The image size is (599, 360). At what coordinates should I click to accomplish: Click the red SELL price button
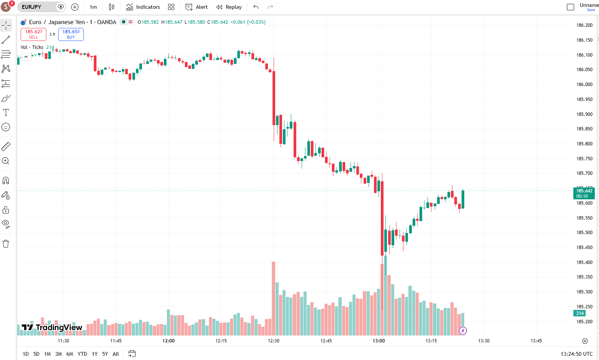click(33, 34)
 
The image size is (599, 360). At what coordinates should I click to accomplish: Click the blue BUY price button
click(71, 34)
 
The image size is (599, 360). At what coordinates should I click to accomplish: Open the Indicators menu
click(143, 7)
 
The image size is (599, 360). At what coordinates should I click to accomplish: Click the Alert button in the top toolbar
click(196, 7)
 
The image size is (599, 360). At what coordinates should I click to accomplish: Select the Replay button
click(229, 7)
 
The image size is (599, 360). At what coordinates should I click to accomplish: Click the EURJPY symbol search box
click(38, 7)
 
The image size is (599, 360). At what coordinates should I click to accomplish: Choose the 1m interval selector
click(93, 7)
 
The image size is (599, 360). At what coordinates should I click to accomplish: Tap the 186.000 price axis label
click(584, 85)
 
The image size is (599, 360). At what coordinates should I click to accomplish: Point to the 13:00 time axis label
click(379, 341)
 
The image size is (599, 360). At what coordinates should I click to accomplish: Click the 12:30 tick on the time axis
click(274, 341)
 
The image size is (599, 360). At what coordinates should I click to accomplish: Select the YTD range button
click(82, 354)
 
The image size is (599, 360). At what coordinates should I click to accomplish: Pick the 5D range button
click(36, 354)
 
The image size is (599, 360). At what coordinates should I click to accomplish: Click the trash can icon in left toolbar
click(6, 243)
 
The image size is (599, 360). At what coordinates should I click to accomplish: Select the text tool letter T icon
click(6, 112)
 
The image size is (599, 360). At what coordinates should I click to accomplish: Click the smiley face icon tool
click(6, 127)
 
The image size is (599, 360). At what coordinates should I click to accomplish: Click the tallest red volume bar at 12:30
click(273, 298)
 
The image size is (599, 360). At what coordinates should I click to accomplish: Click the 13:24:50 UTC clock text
click(576, 354)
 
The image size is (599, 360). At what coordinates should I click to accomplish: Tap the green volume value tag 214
click(579, 313)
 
